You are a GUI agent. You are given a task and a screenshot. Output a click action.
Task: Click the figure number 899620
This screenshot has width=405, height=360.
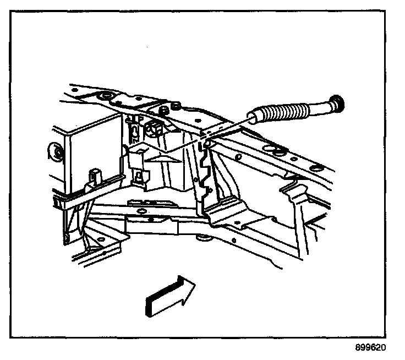tap(370, 348)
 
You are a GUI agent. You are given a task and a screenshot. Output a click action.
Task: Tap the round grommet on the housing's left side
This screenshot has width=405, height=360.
tap(55, 151)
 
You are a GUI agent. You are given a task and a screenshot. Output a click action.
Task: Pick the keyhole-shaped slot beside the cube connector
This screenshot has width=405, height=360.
tap(133, 130)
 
